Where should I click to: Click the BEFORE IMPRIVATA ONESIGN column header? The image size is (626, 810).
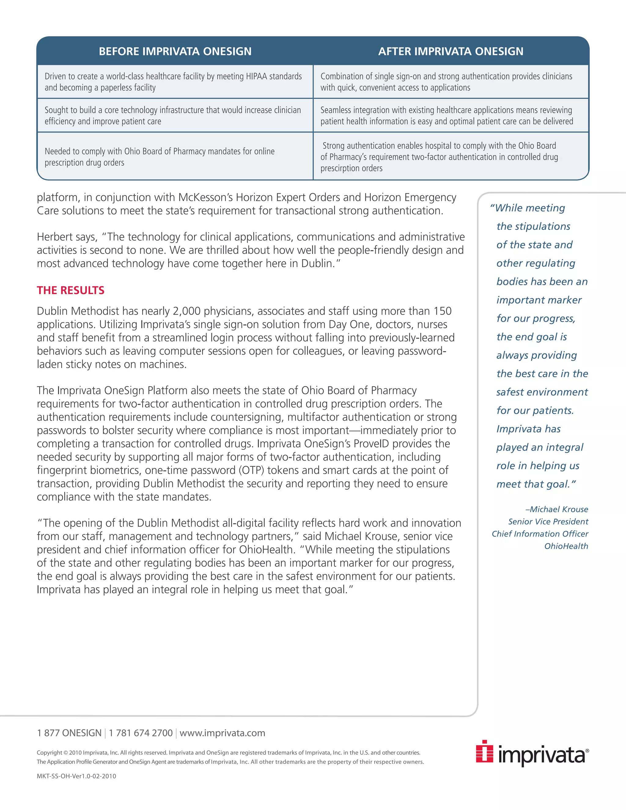[x=175, y=51]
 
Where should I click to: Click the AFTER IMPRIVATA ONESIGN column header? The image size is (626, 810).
[x=451, y=51]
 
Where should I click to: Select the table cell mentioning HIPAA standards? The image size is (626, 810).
[x=173, y=82]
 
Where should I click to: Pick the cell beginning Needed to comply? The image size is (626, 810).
[x=160, y=157]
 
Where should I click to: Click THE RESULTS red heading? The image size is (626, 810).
[x=71, y=290]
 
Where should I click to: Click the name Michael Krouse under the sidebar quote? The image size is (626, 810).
[x=558, y=509]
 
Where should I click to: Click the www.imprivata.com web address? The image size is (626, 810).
[x=222, y=733]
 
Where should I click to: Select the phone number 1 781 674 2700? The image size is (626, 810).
[x=141, y=733]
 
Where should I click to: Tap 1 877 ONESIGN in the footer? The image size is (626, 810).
[x=69, y=733]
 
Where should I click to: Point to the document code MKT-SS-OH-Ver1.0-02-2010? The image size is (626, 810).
[x=76, y=776]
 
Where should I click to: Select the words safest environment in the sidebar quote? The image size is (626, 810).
[x=542, y=392]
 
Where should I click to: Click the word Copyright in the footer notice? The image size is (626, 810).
[x=49, y=753]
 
